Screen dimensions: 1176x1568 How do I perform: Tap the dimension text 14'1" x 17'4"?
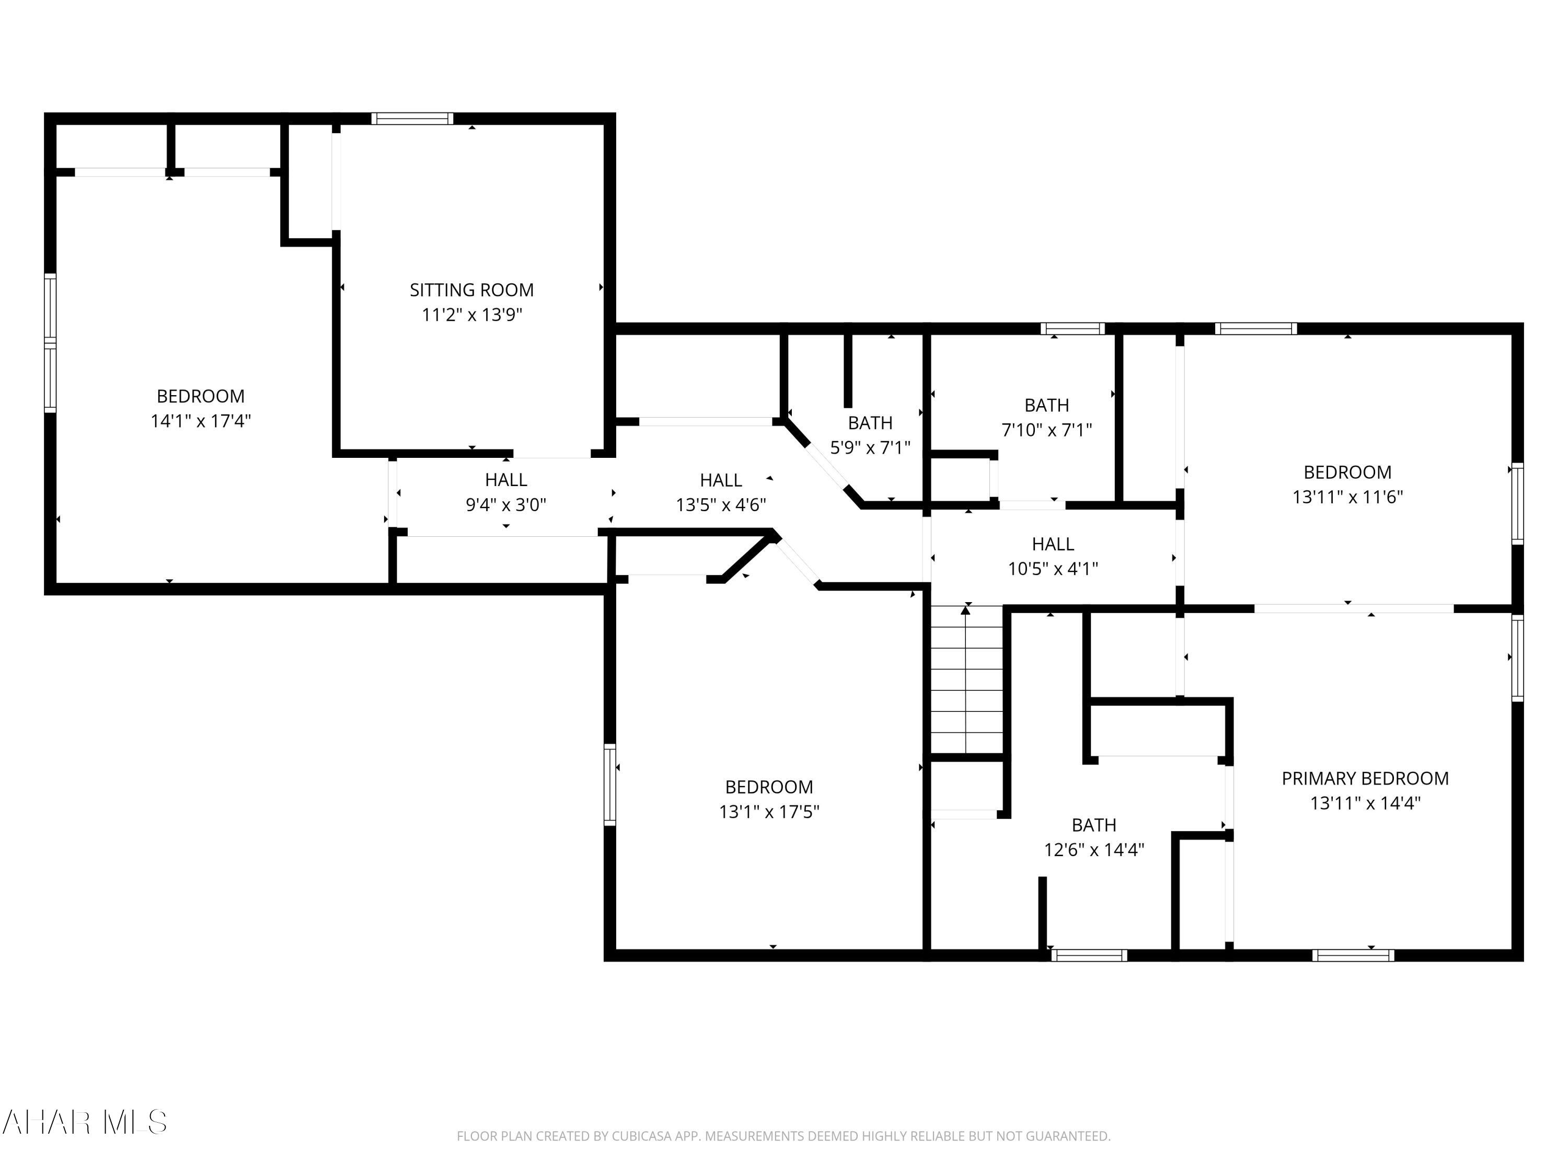point(201,420)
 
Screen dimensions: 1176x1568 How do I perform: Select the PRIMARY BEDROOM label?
point(1365,778)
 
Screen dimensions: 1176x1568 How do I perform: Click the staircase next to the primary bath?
point(966,681)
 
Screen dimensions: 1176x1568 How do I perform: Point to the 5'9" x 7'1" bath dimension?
point(870,447)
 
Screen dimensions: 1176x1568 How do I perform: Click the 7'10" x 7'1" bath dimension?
point(1046,430)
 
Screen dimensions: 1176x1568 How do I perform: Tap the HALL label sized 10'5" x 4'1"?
point(1053,544)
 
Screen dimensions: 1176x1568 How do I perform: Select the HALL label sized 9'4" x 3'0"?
point(505,480)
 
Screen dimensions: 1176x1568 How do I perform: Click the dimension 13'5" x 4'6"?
point(720,505)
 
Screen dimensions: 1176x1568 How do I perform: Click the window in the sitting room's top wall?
point(412,118)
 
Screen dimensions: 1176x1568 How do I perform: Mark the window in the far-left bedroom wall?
point(50,342)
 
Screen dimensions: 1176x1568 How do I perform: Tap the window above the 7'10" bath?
point(1073,328)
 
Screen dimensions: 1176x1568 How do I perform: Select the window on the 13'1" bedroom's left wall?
point(609,784)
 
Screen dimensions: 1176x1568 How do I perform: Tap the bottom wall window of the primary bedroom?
point(1353,955)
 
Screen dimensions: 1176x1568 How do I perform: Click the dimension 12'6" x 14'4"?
point(1094,849)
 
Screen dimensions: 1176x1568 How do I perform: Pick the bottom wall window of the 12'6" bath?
point(1089,955)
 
